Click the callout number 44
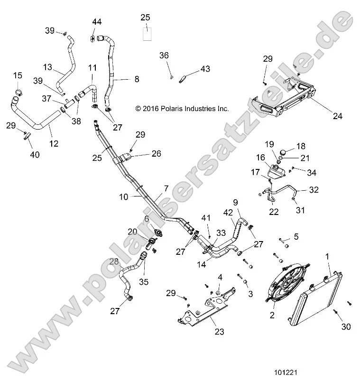(97, 22)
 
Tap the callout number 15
(18, 75)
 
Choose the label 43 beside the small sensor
(204, 69)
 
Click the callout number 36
(164, 56)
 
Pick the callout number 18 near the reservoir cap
(301, 146)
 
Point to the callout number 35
(143, 282)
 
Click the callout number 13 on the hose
(47, 67)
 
